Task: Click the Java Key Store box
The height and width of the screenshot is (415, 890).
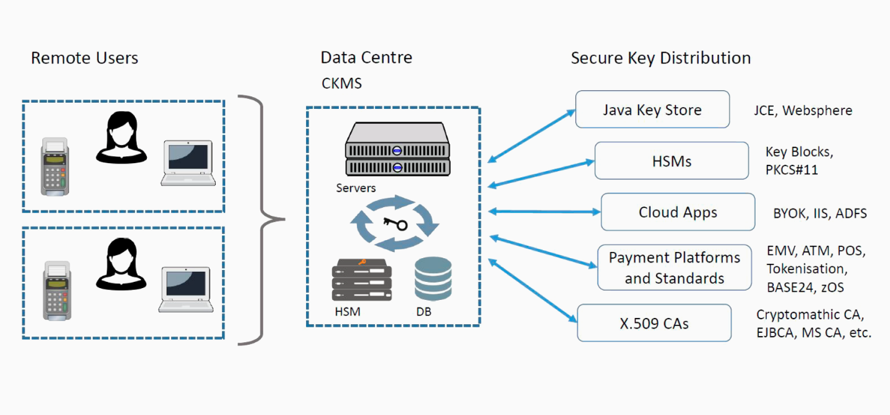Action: pyautogui.click(x=652, y=110)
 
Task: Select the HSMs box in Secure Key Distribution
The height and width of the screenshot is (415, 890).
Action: pyautogui.click(x=672, y=161)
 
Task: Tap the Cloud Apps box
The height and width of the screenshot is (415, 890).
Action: pyautogui.click(x=678, y=212)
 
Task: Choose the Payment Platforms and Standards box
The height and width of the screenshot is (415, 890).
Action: pyautogui.click(x=675, y=268)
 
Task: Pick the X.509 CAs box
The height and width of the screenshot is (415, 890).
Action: pyautogui.click(x=654, y=323)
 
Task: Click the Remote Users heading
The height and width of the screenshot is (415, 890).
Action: pyautogui.click(x=85, y=58)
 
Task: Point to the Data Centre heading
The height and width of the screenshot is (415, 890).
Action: pyautogui.click(x=366, y=58)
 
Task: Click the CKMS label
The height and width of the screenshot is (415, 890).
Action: pyautogui.click(x=341, y=83)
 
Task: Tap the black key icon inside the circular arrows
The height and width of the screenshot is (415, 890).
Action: pyautogui.click(x=396, y=224)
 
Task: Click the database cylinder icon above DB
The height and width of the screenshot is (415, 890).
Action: pyautogui.click(x=433, y=279)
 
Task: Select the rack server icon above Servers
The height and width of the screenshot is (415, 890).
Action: pyautogui.click(x=397, y=149)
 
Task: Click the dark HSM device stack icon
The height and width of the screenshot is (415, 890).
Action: pyautogui.click(x=361, y=280)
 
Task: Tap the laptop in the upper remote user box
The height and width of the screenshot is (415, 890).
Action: pyautogui.click(x=188, y=163)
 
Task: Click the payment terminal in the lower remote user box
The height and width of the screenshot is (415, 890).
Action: pyautogui.click(x=57, y=291)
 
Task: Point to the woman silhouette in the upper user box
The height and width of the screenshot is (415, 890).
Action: pyautogui.click(x=121, y=138)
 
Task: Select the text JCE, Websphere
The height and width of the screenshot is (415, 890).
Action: pyautogui.click(x=803, y=110)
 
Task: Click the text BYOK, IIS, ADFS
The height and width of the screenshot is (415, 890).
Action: pyautogui.click(x=820, y=213)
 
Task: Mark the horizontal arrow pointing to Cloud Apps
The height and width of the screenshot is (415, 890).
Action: pyautogui.click(x=544, y=212)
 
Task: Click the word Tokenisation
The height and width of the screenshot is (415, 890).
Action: pyautogui.click(x=807, y=269)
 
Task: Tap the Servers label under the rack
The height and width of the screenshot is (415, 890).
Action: pyautogui.click(x=356, y=188)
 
